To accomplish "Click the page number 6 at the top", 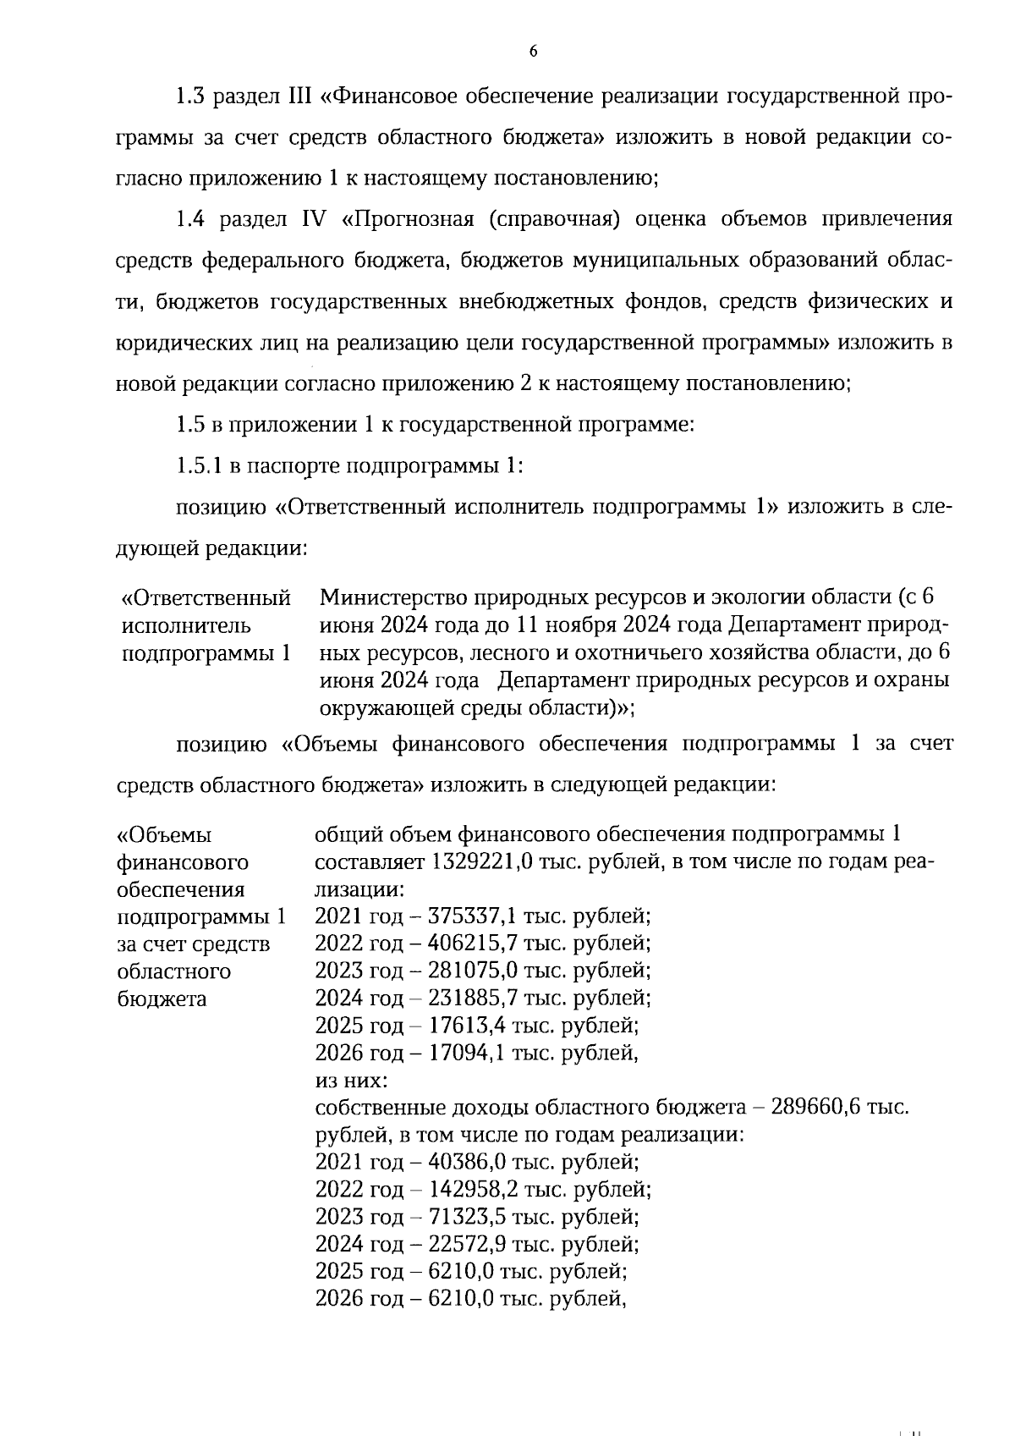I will pyautogui.click(x=533, y=52).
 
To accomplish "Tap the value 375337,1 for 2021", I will pyautogui.click(x=474, y=916).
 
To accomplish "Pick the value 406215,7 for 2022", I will pyautogui.click(x=475, y=944).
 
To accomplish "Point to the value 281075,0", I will pyautogui.click(x=475, y=971).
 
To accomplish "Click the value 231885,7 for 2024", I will pyautogui.click(x=475, y=998).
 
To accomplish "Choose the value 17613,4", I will pyautogui.click(x=468, y=1026).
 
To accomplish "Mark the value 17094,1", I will pyautogui.click(x=468, y=1053).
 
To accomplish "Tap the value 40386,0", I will pyautogui.click(x=468, y=1162).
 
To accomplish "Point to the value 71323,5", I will pyautogui.click(x=468, y=1217).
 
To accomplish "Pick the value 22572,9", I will pyautogui.click(x=468, y=1244).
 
